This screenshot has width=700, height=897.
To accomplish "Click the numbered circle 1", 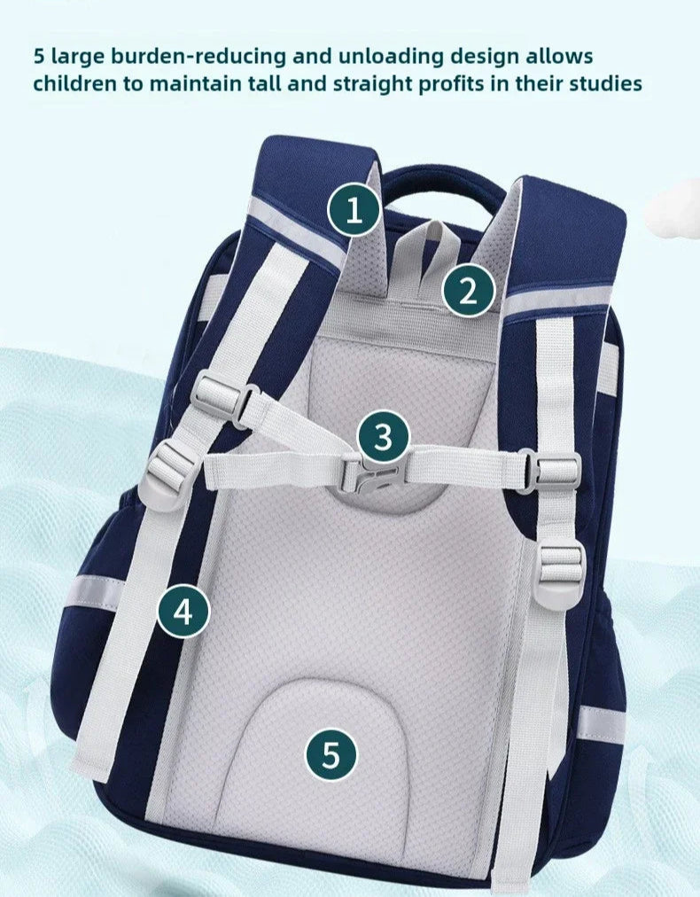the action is coord(354,209).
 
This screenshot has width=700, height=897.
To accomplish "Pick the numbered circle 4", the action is coord(183,612).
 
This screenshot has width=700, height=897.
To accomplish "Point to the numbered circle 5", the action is coord(331,754).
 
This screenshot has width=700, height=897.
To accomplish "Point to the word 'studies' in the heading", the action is coord(605,83).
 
